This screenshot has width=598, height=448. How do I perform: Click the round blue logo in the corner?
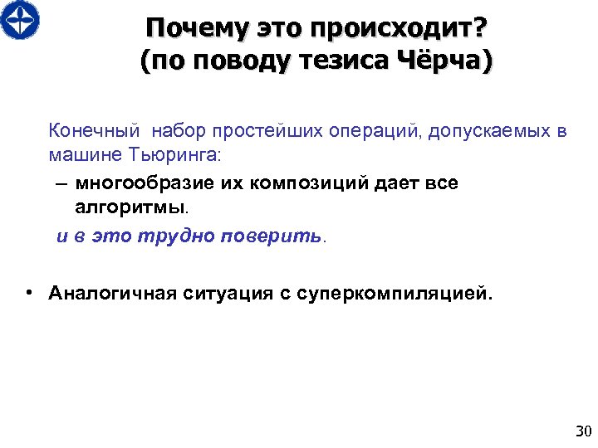click(20, 20)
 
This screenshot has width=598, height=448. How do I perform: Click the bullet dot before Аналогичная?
click(28, 293)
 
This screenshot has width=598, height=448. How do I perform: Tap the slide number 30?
click(582, 431)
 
